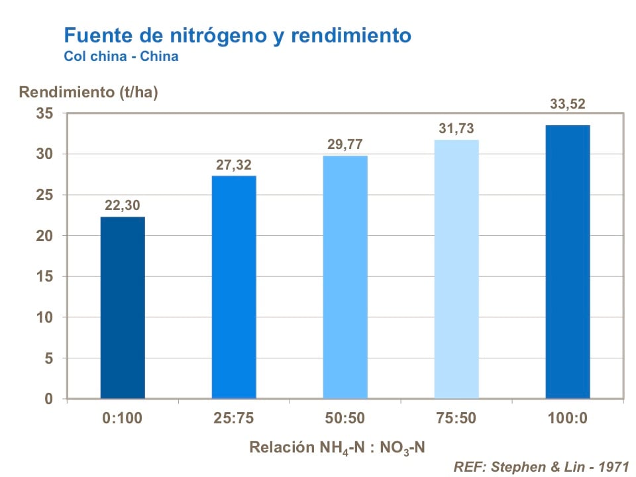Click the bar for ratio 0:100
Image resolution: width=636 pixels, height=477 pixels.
(123, 307)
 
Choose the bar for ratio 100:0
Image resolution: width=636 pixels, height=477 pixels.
(568, 262)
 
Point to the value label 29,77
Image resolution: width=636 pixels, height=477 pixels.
(345, 144)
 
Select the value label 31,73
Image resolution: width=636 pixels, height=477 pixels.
(456, 129)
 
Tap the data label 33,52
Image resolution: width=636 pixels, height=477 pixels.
(568, 104)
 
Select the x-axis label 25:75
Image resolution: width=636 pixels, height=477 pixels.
(234, 419)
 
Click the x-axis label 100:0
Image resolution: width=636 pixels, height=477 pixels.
(568, 419)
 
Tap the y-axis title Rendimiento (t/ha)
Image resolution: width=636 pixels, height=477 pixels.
(88, 92)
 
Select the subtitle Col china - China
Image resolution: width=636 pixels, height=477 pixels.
(121, 56)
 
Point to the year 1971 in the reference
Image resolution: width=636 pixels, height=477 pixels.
(613, 466)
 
